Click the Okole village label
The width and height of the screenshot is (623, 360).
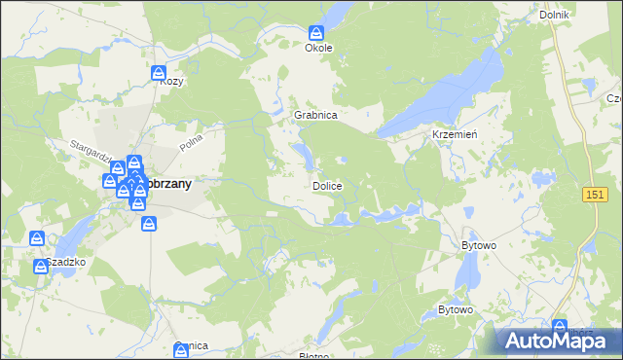tap(318, 48)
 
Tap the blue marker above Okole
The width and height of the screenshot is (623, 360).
tap(317, 32)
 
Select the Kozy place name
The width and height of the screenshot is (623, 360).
tap(172, 82)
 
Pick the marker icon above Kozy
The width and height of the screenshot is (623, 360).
tap(160, 72)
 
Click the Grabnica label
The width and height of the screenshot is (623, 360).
tap(315, 115)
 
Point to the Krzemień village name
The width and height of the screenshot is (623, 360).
tap(454, 134)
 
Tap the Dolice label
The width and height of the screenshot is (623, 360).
tap(327, 185)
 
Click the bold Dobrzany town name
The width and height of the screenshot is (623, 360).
tap(168, 183)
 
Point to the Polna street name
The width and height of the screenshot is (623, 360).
tap(191, 144)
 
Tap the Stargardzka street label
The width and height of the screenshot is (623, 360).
tap(93, 155)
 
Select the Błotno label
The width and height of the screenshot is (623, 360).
tap(313, 356)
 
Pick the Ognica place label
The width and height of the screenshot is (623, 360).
tap(193, 346)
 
